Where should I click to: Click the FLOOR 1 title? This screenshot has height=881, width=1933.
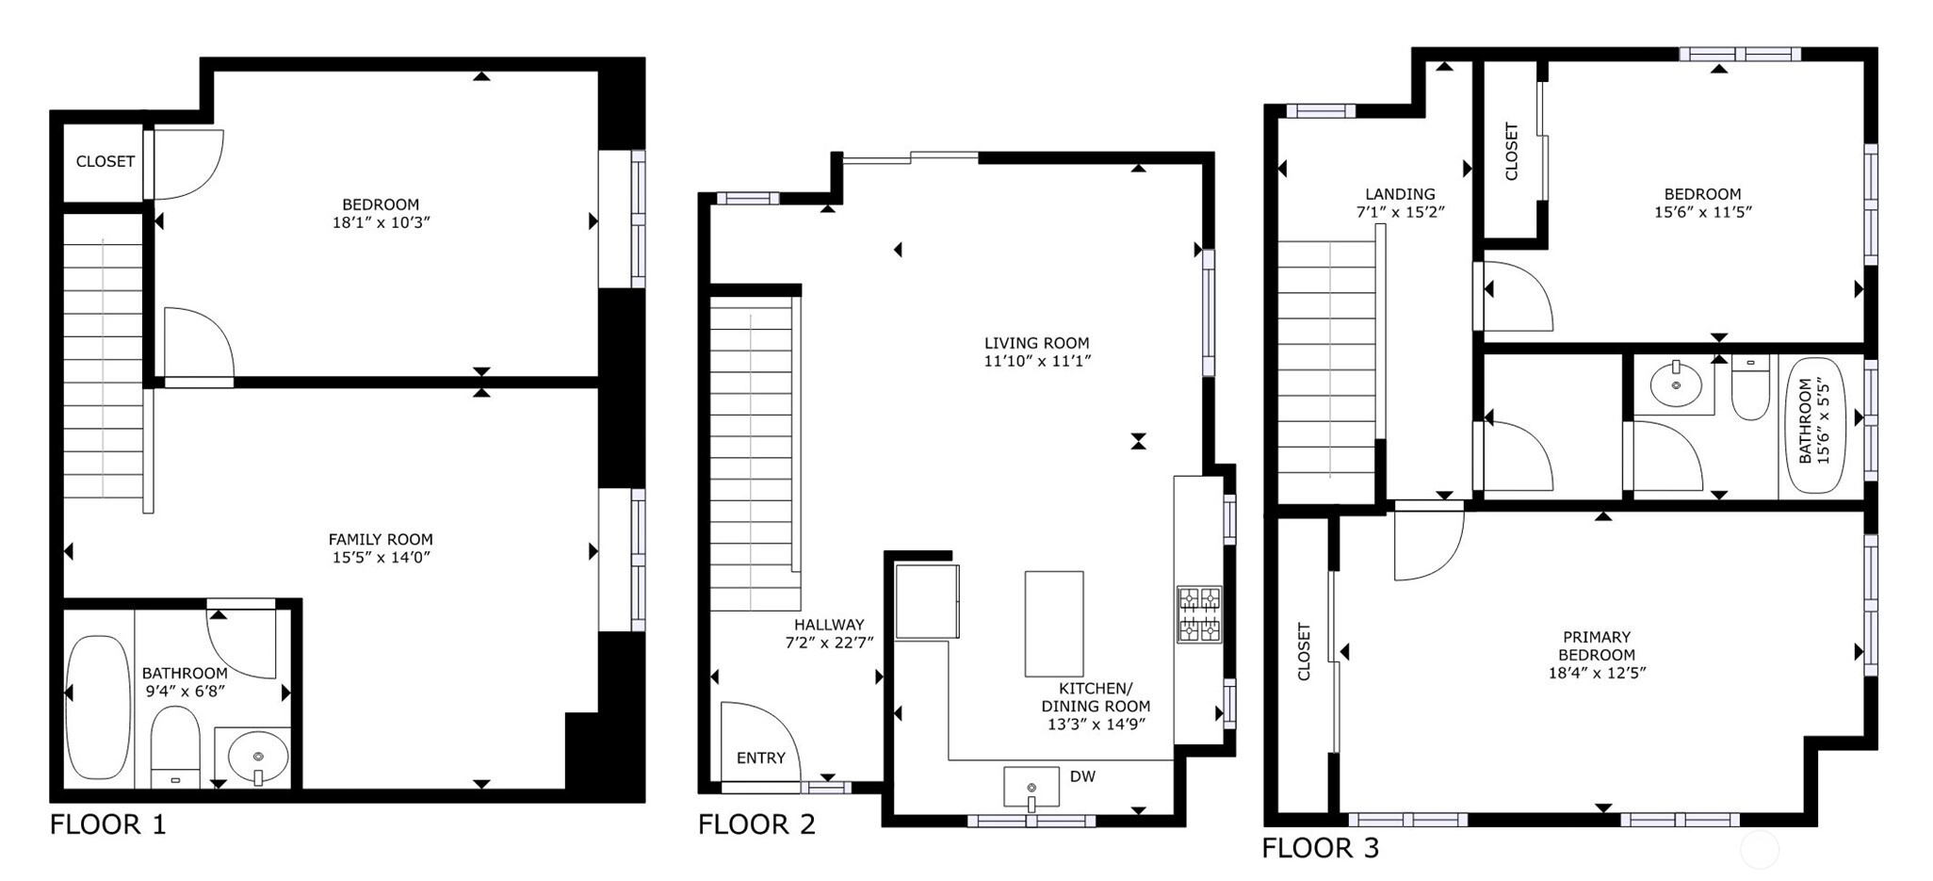[x=107, y=824]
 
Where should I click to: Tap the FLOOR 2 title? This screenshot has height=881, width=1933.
[x=756, y=824]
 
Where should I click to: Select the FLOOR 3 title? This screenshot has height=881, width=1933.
[x=1320, y=848]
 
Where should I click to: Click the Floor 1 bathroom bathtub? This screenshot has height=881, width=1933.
[x=99, y=707]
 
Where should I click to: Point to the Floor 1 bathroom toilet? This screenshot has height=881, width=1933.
[x=175, y=747]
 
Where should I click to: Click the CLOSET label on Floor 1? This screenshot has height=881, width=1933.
[x=106, y=161]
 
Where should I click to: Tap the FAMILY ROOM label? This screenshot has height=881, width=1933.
[x=381, y=539]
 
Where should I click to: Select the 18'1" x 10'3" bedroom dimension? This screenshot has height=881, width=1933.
[x=381, y=222]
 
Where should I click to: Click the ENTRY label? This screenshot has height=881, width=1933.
[x=761, y=758]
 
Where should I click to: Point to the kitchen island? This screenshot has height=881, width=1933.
[x=1054, y=624]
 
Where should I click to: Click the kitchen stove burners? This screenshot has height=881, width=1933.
[x=1199, y=614]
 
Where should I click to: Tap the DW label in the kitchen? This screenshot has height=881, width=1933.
[x=1082, y=776]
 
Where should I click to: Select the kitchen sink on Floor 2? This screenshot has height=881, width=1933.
[x=1031, y=788]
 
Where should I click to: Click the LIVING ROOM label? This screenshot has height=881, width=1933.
[x=1037, y=343]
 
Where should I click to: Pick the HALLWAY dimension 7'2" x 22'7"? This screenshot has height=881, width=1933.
[x=829, y=643]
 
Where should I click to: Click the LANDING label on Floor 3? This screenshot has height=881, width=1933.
[x=1400, y=194]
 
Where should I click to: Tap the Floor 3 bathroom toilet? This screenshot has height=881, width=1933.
[x=1750, y=389]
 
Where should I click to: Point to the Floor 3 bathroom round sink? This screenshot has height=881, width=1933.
[x=1676, y=383]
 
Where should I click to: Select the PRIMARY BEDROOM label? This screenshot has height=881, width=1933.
[x=1597, y=645]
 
